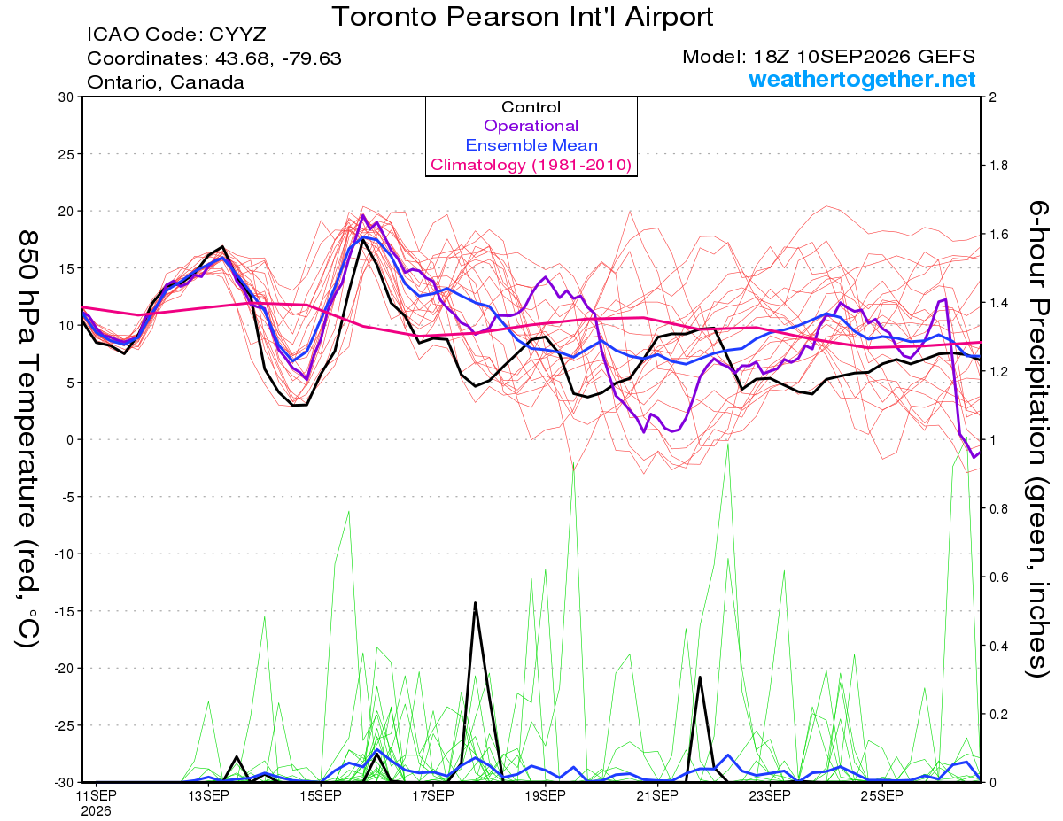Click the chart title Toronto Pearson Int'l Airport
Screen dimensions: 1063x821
(523, 17)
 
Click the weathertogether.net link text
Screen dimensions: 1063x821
(862, 79)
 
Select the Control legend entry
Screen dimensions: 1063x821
(531, 107)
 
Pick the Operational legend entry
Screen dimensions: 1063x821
(531, 126)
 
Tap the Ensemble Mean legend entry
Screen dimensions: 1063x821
(531, 145)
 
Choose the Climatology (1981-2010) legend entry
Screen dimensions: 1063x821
(531, 165)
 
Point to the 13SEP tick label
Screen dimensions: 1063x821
(208, 795)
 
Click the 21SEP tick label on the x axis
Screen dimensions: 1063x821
(657, 795)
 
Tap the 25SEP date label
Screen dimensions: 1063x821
(882, 795)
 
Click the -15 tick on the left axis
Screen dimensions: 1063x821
(64, 611)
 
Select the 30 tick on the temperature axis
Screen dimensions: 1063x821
(66, 97)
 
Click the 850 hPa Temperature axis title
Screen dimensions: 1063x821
(27, 439)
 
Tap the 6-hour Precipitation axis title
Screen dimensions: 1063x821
(1037, 438)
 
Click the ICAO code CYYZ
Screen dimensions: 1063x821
(237, 35)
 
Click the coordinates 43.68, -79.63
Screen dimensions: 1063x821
(278, 58)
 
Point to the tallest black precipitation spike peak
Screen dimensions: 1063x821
(475, 603)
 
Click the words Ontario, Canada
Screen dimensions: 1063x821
(166, 82)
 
